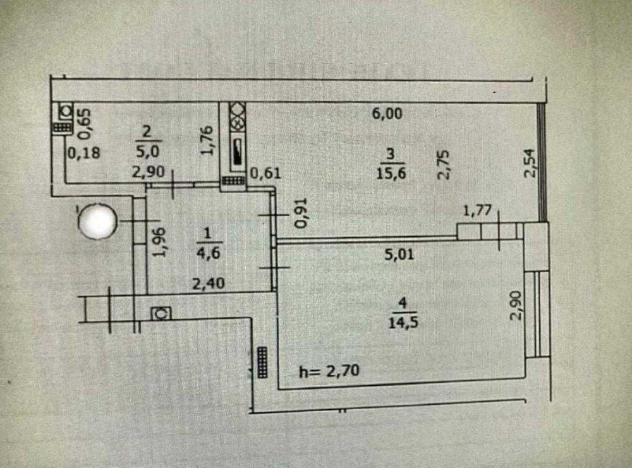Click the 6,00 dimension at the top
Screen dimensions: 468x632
(x=387, y=114)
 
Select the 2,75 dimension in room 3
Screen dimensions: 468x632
(x=444, y=164)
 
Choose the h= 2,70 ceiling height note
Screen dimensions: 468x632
(x=329, y=371)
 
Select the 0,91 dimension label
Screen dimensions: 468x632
(x=303, y=214)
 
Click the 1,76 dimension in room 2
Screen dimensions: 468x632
(x=208, y=141)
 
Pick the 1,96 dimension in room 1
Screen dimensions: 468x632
(x=160, y=243)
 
